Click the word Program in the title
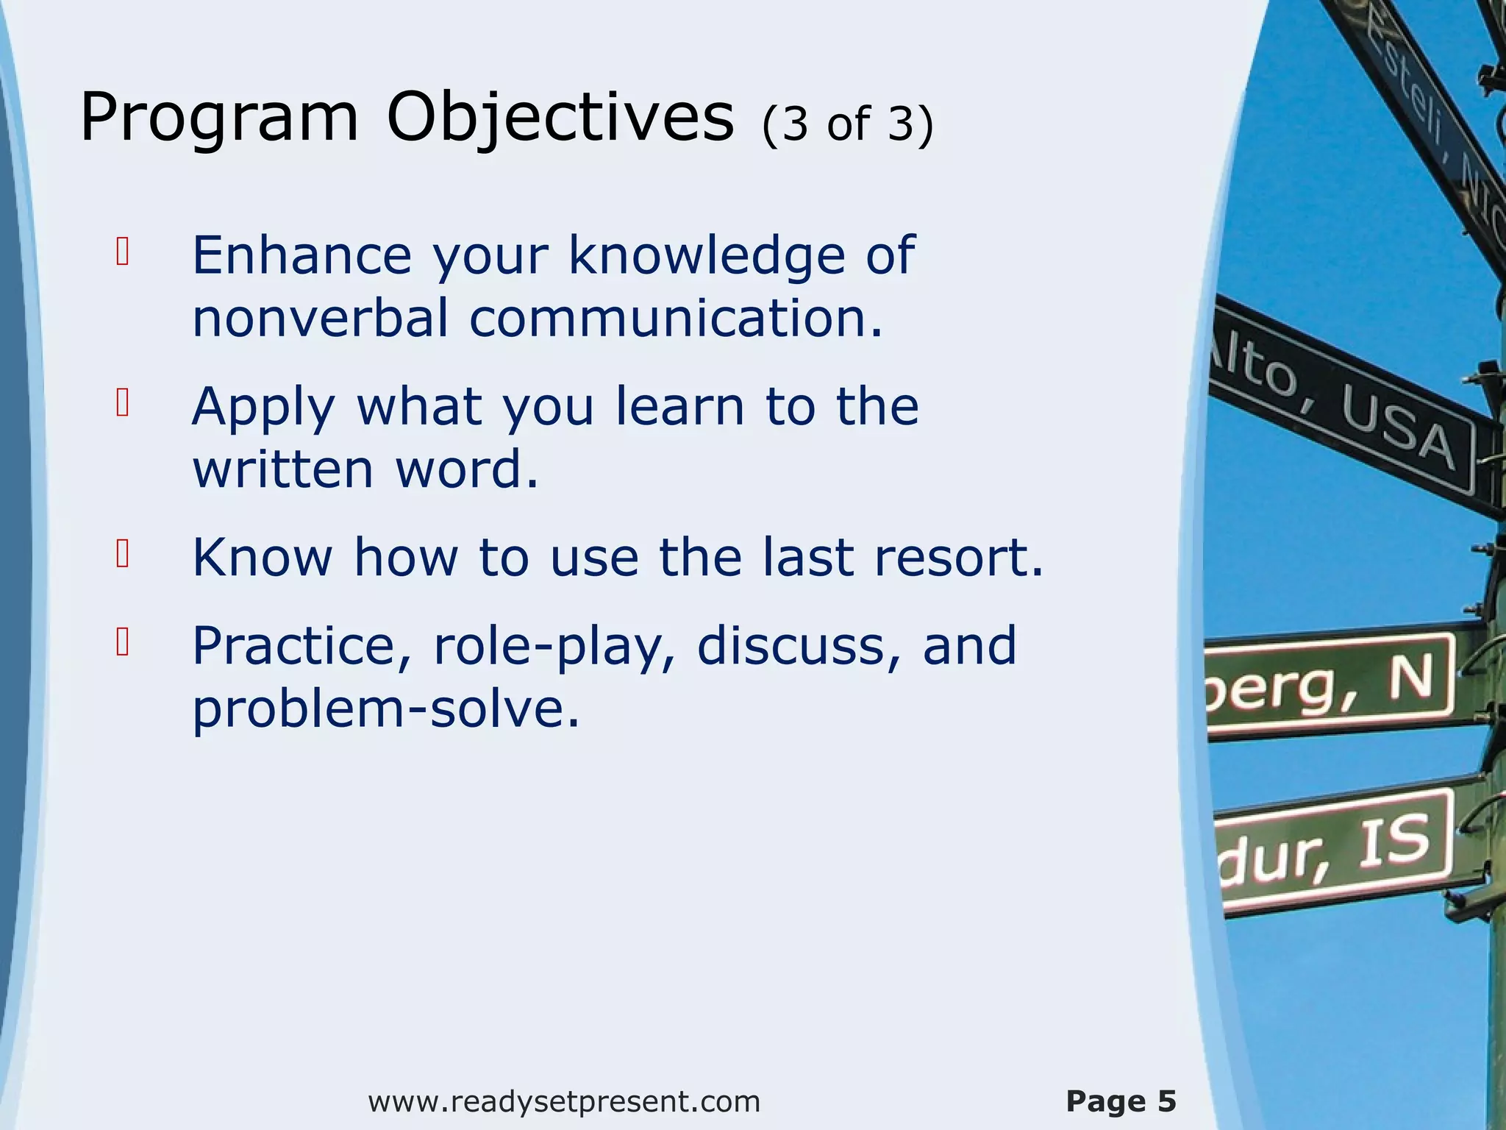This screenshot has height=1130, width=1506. click(218, 118)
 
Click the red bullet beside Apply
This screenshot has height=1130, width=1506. click(123, 402)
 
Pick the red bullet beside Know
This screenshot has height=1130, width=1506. click(123, 554)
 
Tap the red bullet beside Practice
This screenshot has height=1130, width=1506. click(123, 642)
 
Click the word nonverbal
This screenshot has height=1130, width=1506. click(321, 319)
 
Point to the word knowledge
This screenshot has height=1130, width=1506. click(707, 255)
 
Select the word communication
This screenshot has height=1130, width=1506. click(675, 319)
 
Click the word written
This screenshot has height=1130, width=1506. click(283, 469)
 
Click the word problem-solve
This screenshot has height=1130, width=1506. click(386, 709)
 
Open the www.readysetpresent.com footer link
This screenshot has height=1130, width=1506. click(564, 1101)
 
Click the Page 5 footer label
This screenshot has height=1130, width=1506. click(1121, 1101)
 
